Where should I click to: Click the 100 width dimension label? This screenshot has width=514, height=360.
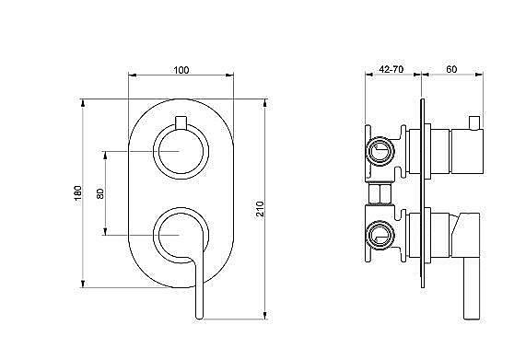tap(181, 70)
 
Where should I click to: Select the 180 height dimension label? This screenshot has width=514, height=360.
tap(78, 193)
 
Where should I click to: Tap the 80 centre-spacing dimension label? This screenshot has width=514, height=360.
tap(100, 193)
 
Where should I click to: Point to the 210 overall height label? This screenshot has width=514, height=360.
tap(260, 209)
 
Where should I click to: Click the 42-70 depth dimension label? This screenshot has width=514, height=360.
tap(391, 69)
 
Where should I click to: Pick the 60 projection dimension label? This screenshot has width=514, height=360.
tap(451, 69)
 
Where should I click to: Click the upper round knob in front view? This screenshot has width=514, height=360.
tap(181, 151)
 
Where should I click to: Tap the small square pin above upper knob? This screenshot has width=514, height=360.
tap(181, 122)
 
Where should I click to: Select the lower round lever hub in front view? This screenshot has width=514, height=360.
tap(181, 235)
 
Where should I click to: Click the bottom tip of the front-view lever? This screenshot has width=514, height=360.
tap(199, 318)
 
